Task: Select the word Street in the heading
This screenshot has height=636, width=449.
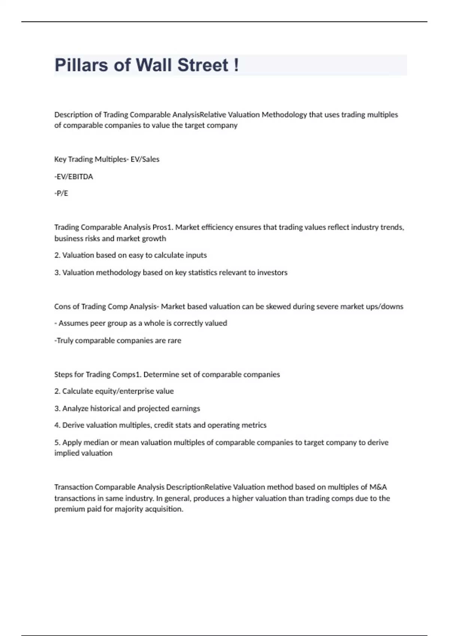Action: (x=202, y=65)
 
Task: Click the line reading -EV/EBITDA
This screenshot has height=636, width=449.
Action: (x=74, y=177)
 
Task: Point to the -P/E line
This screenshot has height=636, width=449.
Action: (x=61, y=193)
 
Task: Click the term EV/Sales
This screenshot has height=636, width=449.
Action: (x=145, y=159)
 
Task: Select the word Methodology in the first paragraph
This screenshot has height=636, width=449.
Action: (x=284, y=115)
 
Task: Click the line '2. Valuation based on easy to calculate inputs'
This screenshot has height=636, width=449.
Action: (x=131, y=255)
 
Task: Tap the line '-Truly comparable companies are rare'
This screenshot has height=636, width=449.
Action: (x=118, y=340)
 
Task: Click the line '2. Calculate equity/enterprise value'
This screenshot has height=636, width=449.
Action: (x=114, y=391)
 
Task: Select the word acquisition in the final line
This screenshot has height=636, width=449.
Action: (x=164, y=509)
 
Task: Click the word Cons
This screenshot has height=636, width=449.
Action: (x=62, y=307)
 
